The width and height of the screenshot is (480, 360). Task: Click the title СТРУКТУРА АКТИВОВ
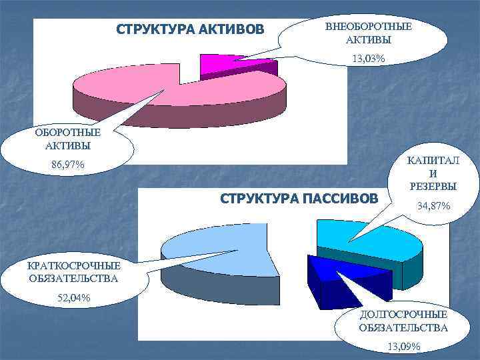[190, 30]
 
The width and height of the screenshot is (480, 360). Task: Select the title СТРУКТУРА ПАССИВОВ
[299, 199]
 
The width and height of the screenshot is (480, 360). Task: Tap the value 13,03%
[369, 59]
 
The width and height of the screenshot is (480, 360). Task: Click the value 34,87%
[433, 207]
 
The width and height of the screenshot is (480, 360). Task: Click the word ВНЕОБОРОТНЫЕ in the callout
[369, 27]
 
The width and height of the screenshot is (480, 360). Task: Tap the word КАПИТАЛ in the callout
[433, 161]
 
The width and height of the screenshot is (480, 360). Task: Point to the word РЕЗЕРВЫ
[433, 185]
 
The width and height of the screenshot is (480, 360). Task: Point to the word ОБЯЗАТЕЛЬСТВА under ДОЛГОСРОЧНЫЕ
[403, 327]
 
